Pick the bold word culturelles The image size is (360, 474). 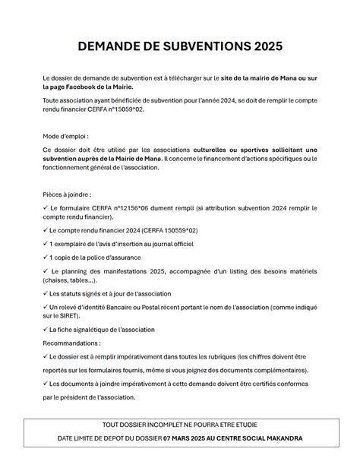pos(215,149)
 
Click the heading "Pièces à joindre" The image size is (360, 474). pos(67,194)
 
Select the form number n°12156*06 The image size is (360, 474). pos(135,207)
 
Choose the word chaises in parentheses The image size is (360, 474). pos(55,280)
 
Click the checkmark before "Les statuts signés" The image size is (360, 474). pos(45,293)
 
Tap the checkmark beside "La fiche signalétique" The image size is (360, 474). pos(45,330)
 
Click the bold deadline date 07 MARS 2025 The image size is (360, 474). pos(192,439)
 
